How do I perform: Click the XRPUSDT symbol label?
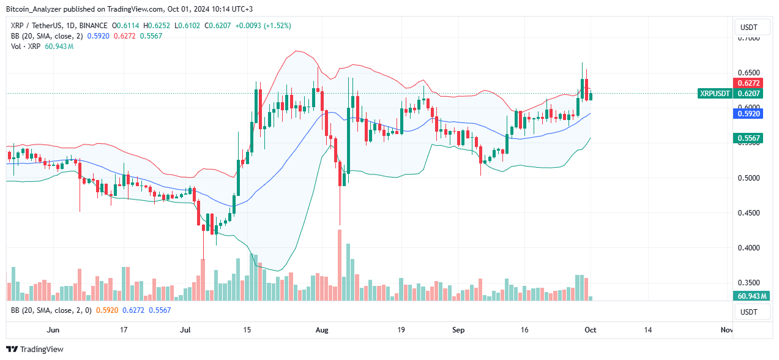[x=715, y=94]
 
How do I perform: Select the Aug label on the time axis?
[x=322, y=330]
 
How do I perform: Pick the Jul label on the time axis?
[x=185, y=330]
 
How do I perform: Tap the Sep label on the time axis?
[x=460, y=330]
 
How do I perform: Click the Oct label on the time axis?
[x=591, y=330]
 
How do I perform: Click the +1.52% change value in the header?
[x=278, y=26]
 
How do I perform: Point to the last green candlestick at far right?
[x=591, y=96]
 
